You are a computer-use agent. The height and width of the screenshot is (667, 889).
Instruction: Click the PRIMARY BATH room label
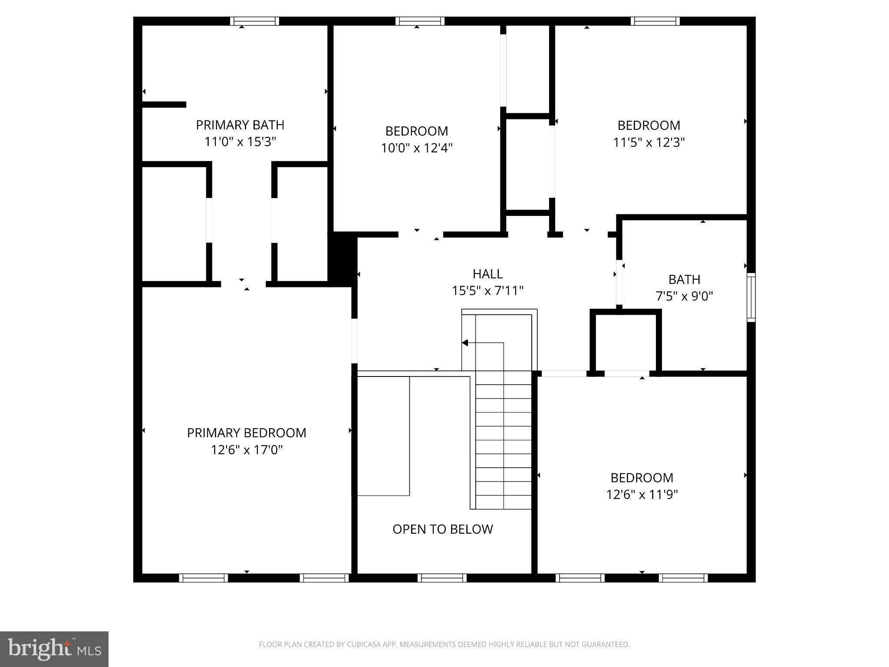point(240,125)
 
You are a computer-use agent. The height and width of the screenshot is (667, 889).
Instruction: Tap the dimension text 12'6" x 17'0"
point(247,450)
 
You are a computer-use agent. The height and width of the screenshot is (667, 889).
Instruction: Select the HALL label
point(487,274)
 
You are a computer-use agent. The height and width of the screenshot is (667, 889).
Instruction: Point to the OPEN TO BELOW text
point(442,529)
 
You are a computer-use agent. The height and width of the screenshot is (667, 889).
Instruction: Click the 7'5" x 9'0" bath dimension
point(684,296)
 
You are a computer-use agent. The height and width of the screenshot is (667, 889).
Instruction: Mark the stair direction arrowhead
point(465,343)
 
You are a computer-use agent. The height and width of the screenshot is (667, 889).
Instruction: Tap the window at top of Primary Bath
point(254,21)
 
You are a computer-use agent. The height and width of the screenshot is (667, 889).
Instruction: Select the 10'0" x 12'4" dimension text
point(416,148)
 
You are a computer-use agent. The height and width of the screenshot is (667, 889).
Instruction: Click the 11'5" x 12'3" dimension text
point(649,142)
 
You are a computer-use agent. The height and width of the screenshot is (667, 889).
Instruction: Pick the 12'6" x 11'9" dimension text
point(642,495)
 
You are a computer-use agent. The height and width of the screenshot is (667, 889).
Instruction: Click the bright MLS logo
point(54,649)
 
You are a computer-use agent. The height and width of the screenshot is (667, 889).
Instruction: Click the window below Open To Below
point(442,578)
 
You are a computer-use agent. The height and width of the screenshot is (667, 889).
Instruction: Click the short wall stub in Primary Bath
point(165,105)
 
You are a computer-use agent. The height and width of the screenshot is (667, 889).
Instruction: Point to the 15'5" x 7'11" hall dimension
point(487,291)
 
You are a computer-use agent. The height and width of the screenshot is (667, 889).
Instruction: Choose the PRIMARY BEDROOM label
point(247,433)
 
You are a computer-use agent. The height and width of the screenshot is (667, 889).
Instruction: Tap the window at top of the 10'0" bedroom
point(420,21)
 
